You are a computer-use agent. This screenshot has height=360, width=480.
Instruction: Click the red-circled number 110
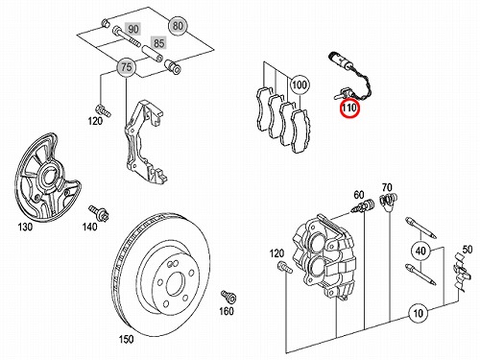click(349, 108)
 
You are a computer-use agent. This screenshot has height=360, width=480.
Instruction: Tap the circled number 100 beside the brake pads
click(300, 84)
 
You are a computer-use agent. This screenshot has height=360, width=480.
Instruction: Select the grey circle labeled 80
click(178, 25)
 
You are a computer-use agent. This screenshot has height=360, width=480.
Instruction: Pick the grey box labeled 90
click(133, 30)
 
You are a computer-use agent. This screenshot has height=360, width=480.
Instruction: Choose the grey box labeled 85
click(159, 43)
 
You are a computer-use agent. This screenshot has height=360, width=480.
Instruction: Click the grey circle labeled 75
click(127, 67)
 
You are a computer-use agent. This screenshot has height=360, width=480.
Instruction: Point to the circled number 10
click(419, 313)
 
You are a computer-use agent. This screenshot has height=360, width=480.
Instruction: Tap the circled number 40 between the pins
click(420, 251)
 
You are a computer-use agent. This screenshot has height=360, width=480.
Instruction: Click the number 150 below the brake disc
click(126, 339)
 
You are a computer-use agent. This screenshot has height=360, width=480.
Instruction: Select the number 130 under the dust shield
click(25, 227)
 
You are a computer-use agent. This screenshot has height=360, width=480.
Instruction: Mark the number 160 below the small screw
click(227, 311)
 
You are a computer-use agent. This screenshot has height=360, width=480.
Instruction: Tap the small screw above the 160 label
click(228, 297)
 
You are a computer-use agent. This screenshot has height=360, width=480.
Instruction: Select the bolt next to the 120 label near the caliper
click(285, 267)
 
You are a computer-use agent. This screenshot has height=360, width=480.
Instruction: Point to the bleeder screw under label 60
click(363, 206)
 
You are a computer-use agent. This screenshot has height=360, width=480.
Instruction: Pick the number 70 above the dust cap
click(387, 187)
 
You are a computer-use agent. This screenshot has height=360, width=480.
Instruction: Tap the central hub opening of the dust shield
click(49, 176)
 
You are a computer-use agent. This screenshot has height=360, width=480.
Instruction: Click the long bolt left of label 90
click(126, 36)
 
